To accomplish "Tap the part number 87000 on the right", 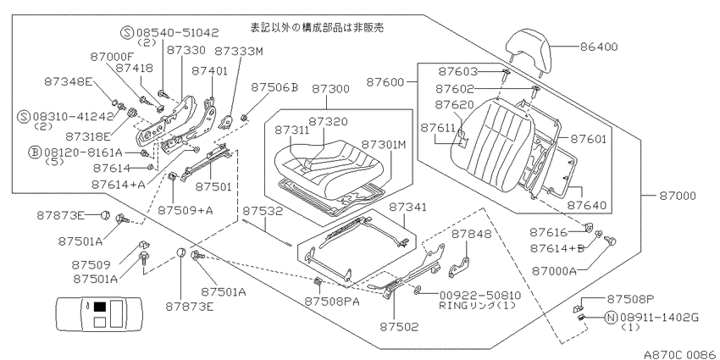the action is coord(678,196).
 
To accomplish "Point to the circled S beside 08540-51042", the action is coord(128,32).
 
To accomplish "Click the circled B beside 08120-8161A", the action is coord(36,152).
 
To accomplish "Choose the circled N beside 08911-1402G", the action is coord(612,318).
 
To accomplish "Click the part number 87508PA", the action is coord(332,302).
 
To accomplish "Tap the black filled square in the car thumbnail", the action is coord(100,307).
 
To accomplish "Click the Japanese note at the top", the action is coord(317,28).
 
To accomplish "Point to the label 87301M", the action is coord(384,145).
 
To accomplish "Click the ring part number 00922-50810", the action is coord(479,296).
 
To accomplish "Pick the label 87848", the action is coord(471,234).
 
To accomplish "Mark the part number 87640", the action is coord(586,205).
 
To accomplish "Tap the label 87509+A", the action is coord(186,210).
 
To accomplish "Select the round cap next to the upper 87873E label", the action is coord(105,214).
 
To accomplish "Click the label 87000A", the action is coord(554,271).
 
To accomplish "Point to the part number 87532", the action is coord(263,211).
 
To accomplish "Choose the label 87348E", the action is coord(68,81).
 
